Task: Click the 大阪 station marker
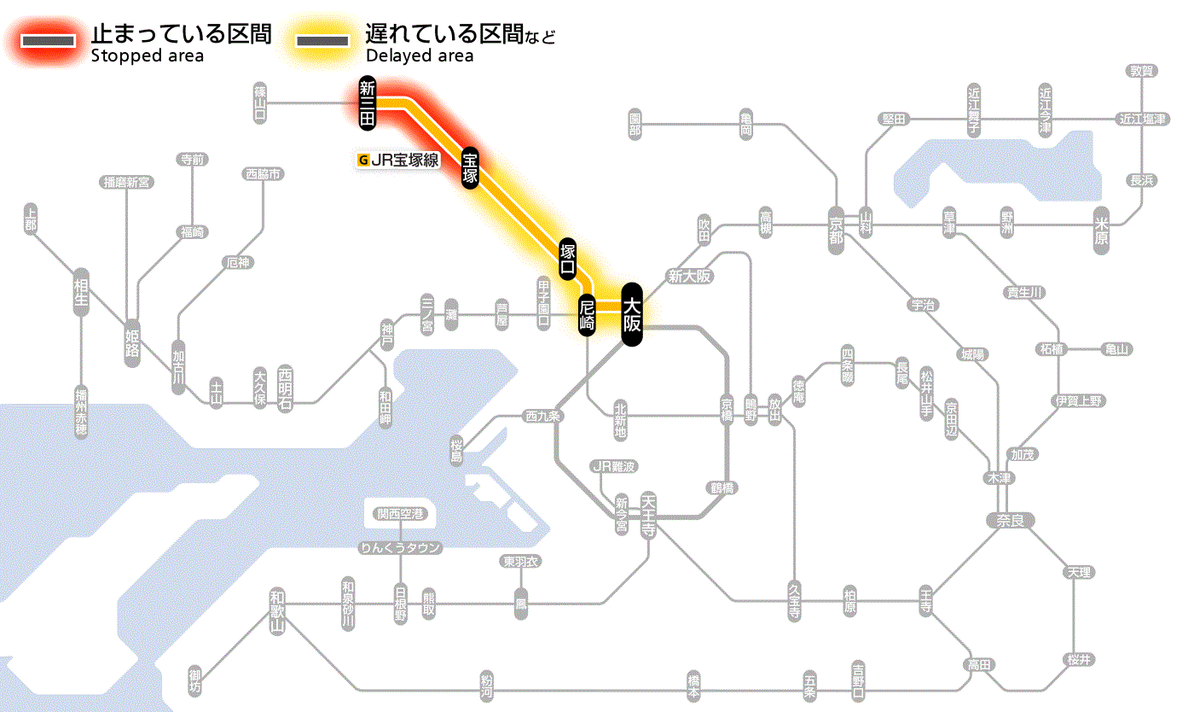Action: pos(632,314)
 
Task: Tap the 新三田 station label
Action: pos(368,103)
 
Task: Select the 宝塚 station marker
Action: pos(470,167)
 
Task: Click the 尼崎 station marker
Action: pos(587,315)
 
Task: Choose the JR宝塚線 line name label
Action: pos(400,159)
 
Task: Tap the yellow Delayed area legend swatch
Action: pos(322,40)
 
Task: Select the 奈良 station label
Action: pos(1009,520)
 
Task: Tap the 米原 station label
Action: pos(1103,231)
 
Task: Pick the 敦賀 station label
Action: pos(1142,71)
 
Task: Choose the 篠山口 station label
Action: pos(260,103)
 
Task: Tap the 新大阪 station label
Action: pos(690,276)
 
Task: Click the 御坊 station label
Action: pos(196,681)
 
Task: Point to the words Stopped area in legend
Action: pos(148,56)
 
